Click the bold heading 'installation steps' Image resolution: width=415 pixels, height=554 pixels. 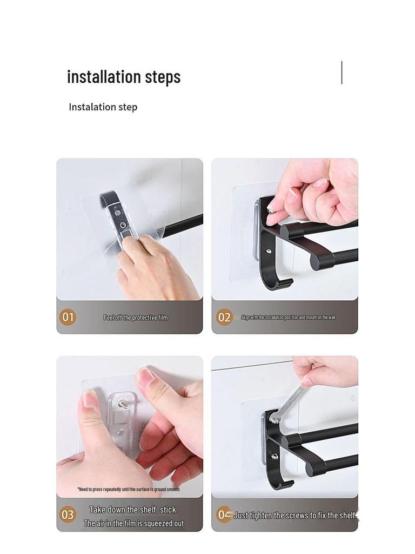pyautogui.click(x=124, y=77)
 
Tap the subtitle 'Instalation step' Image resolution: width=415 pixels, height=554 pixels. pyautogui.click(x=103, y=107)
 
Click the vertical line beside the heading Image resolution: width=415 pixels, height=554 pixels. pyautogui.click(x=342, y=72)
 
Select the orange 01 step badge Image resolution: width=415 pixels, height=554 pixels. pyautogui.click(x=68, y=317)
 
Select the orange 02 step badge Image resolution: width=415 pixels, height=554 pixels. pyautogui.click(x=224, y=318)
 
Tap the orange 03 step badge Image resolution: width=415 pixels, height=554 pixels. pyautogui.click(x=68, y=515)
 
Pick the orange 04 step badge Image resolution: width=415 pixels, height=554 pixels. pyautogui.click(x=223, y=515)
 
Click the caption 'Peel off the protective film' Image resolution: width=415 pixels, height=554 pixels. pyautogui.click(x=136, y=318)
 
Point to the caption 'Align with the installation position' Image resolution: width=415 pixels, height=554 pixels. pyautogui.click(x=288, y=318)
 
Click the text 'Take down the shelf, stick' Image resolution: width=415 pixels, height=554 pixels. pyautogui.click(x=132, y=510)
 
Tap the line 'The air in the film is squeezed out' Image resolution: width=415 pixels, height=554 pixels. pyautogui.click(x=133, y=524)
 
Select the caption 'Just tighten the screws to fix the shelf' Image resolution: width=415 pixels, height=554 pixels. pyautogui.click(x=295, y=516)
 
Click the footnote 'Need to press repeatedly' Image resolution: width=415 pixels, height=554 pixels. pyautogui.click(x=128, y=489)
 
